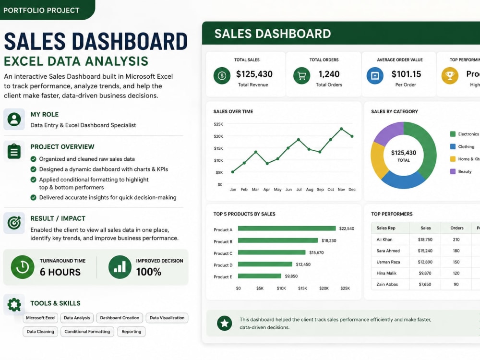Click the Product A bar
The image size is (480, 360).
coord(287,228)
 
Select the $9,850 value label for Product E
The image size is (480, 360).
coord(291,276)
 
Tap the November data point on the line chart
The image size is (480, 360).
coord(341,129)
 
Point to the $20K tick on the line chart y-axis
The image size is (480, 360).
coord(218,136)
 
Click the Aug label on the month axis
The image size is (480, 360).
coord(310,190)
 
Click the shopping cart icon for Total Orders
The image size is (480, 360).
coord(301,76)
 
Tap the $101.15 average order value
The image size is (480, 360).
coord(406,74)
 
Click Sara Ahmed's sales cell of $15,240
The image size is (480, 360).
coord(425,251)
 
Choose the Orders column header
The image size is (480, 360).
coord(457,228)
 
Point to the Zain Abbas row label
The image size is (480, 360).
coord(387,284)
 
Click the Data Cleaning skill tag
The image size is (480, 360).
coord(40,332)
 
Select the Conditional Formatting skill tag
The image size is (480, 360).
coord(87,332)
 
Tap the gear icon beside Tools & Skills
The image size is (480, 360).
coord(14,305)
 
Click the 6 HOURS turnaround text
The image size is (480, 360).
coord(60,272)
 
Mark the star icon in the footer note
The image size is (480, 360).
coord(224,323)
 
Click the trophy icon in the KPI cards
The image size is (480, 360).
coord(450,76)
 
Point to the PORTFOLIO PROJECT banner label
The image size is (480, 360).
coord(41,11)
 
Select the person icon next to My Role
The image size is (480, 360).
coord(14,119)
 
